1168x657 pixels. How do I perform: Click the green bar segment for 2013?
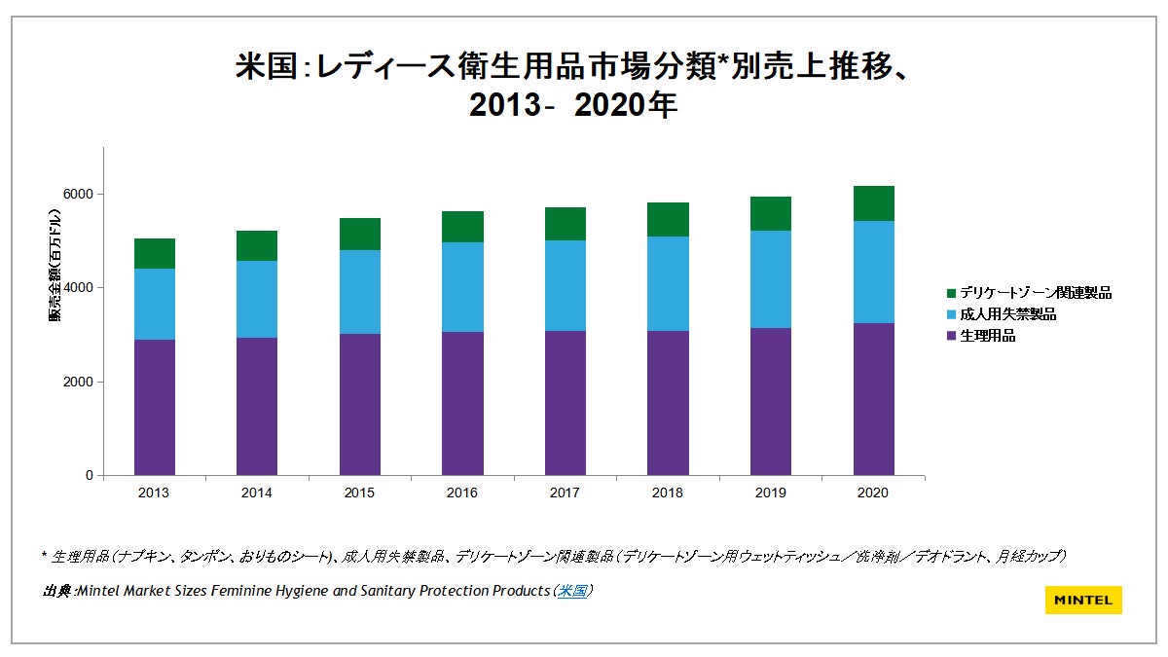click(155, 253)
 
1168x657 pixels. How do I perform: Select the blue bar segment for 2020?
click(873, 272)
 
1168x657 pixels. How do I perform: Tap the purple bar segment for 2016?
click(462, 403)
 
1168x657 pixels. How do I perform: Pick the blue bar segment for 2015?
click(360, 292)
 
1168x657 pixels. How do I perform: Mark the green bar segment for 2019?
click(771, 213)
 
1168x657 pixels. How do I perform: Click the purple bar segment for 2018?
click(668, 403)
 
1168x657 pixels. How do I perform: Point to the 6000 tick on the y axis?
click(79, 194)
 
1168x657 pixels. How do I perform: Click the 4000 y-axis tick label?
click(79, 288)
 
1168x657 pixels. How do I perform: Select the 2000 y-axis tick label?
click(79, 382)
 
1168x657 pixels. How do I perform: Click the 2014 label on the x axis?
click(257, 493)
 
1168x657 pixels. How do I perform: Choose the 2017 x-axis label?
click(565, 493)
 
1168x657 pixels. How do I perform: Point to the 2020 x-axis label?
click(873, 493)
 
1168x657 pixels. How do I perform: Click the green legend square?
click(951, 293)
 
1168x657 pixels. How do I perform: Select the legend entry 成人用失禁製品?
click(1008, 314)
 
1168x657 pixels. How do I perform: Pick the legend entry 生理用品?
click(988, 336)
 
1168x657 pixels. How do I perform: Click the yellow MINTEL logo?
click(1083, 600)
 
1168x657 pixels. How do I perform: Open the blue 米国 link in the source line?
click(571, 591)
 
